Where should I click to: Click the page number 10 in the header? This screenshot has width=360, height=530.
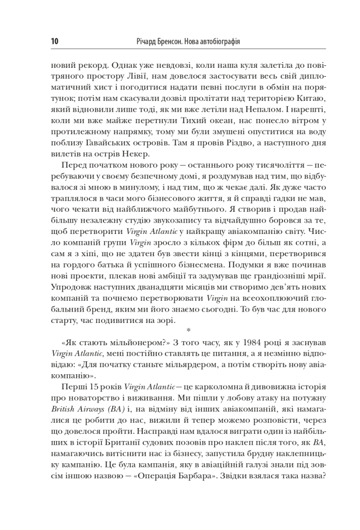pyautogui.click(x=56, y=41)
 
